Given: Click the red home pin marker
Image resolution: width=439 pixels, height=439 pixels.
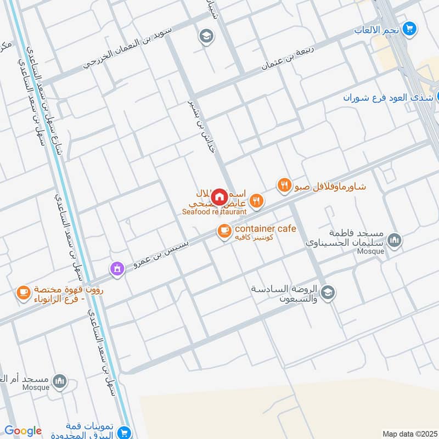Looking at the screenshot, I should [x=219, y=196].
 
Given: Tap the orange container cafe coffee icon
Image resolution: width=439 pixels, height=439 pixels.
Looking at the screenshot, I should [x=224, y=232].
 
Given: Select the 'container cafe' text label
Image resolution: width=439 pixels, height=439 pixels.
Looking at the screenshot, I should [x=266, y=229].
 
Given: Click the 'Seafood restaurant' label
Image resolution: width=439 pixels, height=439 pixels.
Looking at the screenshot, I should [x=215, y=211].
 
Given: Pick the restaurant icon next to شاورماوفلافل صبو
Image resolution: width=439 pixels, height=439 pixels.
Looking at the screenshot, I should [x=284, y=185].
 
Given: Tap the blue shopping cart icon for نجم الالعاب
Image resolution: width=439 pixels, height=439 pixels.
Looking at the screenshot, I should [x=409, y=28].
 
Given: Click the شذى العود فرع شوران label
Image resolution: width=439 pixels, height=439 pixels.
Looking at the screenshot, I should [x=382, y=98].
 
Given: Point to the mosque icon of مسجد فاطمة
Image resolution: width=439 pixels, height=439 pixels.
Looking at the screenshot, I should [x=394, y=240].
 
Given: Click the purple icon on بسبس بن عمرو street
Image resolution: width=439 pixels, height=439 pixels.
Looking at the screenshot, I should [x=116, y=268].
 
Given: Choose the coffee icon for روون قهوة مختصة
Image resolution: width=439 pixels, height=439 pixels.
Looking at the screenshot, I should [x=23, y=292].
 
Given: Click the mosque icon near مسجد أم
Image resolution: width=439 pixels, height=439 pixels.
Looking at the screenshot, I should [x=59, y=380].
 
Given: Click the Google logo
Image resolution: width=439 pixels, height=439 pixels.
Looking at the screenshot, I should [x=23, y=431].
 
